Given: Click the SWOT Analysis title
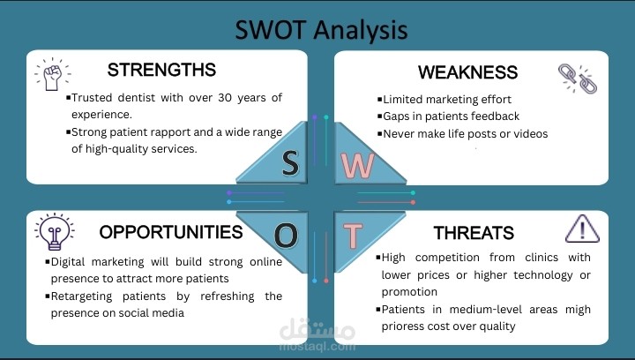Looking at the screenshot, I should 321,29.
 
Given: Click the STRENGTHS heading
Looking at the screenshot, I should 161,70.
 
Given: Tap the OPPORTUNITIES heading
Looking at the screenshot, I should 170,233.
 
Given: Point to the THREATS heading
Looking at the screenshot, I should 474,233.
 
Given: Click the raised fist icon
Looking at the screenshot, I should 51,74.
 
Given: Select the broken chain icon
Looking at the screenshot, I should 577,78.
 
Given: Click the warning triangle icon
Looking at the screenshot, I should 581,229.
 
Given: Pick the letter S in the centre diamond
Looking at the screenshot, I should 290,161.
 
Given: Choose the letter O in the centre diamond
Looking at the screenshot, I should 286,236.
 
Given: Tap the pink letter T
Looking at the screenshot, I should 352,236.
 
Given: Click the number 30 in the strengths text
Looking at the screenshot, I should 222,97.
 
